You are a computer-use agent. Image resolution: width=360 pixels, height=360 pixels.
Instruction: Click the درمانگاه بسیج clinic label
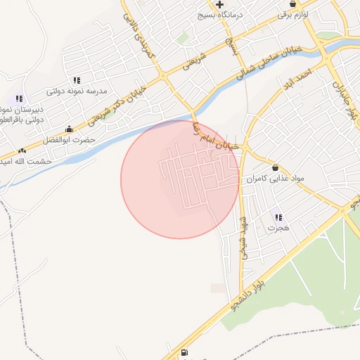pos(243,14)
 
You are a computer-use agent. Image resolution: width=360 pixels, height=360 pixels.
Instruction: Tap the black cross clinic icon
pos(219,4)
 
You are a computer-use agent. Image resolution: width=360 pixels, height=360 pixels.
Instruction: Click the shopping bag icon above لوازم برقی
pos(292,4)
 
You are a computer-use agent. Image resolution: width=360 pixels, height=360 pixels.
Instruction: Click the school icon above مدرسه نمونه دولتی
pos(76,80)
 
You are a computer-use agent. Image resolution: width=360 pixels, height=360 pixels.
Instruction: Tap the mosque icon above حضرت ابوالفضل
pos(69,129)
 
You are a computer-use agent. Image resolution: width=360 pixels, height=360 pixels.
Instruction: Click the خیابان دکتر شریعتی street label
pos(130,99)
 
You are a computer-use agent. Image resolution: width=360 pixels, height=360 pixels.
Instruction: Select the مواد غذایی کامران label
pos(275,179)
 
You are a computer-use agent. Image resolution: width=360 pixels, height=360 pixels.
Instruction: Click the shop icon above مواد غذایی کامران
pos(274,168)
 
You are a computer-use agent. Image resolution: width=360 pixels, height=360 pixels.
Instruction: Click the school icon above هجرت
pos(278,218)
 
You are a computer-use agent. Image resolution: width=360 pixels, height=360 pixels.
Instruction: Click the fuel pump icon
pos(184,353)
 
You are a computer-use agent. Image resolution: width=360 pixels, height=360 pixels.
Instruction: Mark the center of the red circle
pos(180,179)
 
